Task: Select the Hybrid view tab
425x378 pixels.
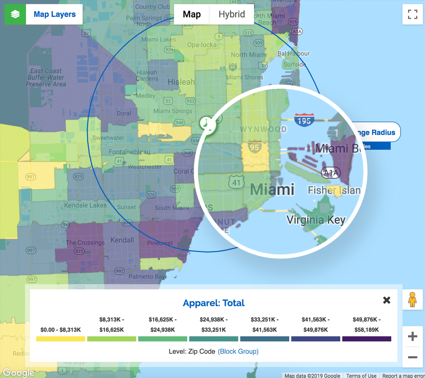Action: click(x=231, y=14)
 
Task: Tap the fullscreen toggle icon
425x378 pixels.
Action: click(x=412, y=14)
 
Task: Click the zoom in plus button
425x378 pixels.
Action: click(x=412, y=336)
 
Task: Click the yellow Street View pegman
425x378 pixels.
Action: click(x=412, y=300)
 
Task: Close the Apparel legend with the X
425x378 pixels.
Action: click(x=386, y=300)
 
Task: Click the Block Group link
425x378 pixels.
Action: click(x=238, y=351)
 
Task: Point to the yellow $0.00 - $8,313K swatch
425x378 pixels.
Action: click(x=61, y=338)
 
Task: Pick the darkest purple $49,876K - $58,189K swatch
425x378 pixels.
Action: click(x=367, y=338)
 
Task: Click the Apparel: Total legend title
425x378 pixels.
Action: click(x=214, y=303)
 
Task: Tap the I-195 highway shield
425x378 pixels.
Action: click(x=304, y=120)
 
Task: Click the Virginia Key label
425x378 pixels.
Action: click(x=316, y=220)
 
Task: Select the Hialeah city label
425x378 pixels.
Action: click(x=181, y=82)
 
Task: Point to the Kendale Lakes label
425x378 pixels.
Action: click(x=85, y=205)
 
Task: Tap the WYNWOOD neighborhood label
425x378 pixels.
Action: click(x=263, y=130)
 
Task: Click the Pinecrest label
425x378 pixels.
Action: click(x=160, y=243)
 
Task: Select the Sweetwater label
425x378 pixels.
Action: click(x=108, y=138)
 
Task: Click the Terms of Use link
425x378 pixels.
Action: click(x=361, y=375)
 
